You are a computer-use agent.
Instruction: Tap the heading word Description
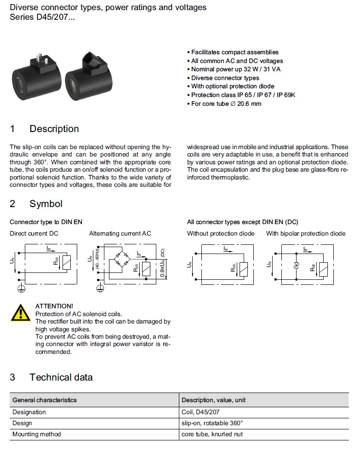tap(54, 129)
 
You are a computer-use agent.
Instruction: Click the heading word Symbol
tap(46, 203)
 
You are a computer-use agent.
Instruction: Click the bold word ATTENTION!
tap(54, 306)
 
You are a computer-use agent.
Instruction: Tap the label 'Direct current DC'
tap(34, 234)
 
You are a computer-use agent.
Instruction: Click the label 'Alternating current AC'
tap(120, 234)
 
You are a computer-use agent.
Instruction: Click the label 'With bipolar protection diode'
tap(306, 234)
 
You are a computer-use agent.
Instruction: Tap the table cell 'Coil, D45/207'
tap(201, 412)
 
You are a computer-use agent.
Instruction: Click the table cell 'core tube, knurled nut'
tap(213, 434)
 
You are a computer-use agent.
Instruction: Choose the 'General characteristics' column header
tap(45, 400)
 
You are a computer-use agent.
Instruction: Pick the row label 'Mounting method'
tap(36, 434)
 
